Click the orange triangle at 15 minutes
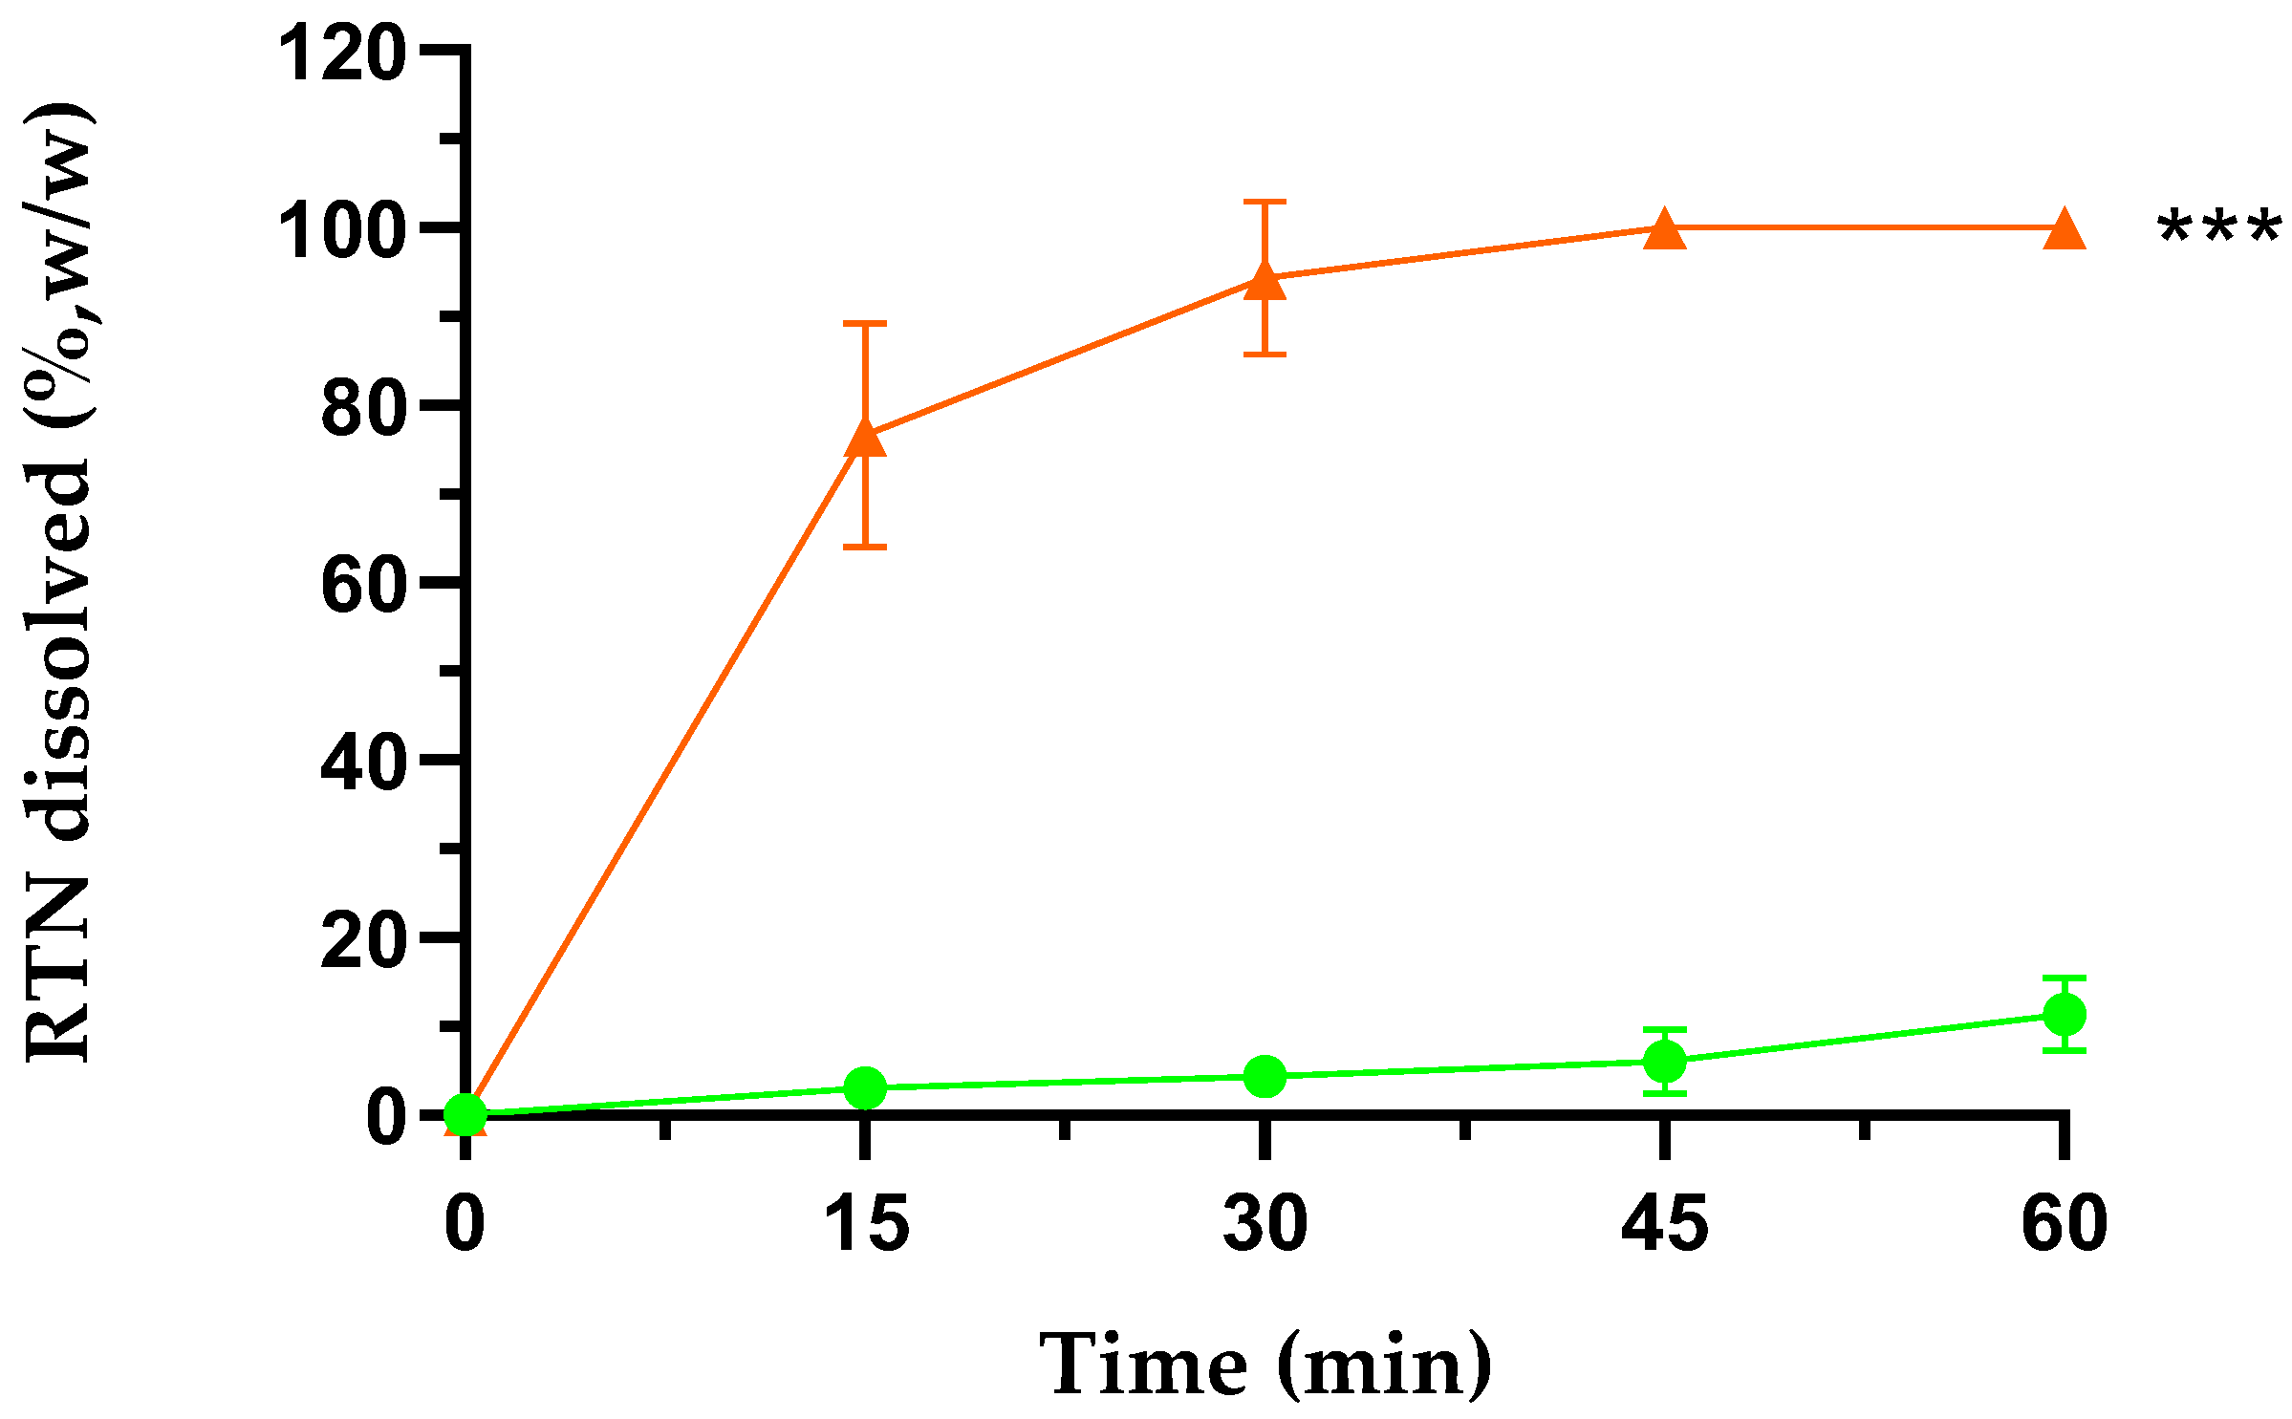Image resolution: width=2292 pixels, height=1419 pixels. (865, 438)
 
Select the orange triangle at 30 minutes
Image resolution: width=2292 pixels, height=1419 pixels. (1265, 281)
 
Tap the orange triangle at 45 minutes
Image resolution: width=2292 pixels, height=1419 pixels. (1664, 228)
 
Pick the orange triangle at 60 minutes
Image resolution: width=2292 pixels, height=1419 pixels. (2064, 228)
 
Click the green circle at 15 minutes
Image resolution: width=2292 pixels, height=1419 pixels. (865, 1087)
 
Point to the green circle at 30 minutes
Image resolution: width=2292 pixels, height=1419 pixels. (1265, 1077)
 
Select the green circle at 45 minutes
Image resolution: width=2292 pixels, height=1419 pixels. (1664, 1062)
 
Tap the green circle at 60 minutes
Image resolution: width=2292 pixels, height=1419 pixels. (2064, 1014)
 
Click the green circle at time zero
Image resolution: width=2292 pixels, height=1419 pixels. (465, 1113)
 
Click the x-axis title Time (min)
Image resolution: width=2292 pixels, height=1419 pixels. (1265, 1365)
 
